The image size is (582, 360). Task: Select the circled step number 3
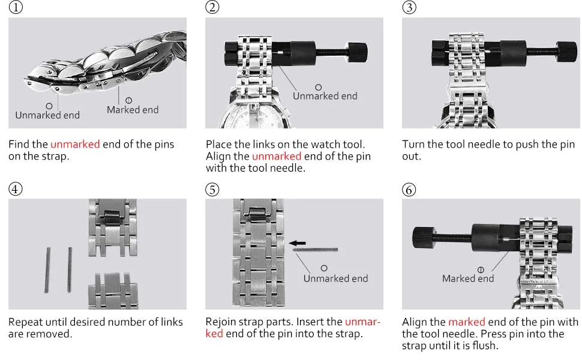(409, 8)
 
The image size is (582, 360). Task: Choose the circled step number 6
(409, 189)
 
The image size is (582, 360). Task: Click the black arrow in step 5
(297, 243)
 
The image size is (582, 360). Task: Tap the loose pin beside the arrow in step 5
(316, 250)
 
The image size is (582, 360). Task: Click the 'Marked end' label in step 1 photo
(133, 110)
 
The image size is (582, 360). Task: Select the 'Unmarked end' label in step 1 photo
(47, 115)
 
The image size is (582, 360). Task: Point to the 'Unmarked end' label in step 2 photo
(325, 96)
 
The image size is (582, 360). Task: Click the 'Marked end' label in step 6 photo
(468, 278)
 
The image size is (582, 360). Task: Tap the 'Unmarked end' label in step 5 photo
(335, 278)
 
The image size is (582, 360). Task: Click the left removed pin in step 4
(47, 269)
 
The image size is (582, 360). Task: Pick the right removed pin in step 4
(70, 269)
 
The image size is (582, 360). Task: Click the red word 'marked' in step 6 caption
(465, 322)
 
